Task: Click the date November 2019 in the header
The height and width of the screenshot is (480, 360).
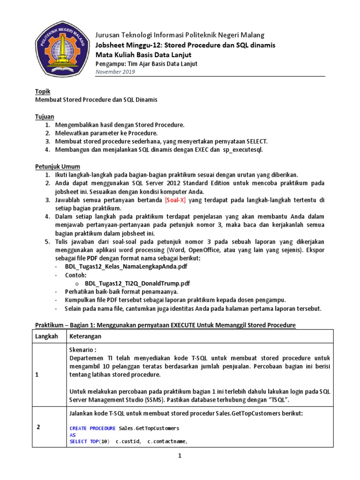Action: pos(115,72)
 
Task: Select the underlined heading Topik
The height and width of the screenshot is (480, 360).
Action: pos(43,91)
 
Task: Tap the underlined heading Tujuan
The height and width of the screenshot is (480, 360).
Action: pos(45,116)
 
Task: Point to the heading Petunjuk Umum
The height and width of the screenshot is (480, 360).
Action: pos(58,166)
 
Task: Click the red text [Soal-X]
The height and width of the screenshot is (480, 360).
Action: pos(175,200)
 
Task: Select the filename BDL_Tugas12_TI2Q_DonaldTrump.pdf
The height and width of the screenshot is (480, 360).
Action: pos(137,284)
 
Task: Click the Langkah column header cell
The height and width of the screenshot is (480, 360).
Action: pos(47,336)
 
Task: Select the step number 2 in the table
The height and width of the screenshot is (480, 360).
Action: pos(38,427)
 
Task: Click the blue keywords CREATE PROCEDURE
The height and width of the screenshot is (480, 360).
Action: pos(92,428)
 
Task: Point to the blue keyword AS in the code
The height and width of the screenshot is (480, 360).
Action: pos(73,435)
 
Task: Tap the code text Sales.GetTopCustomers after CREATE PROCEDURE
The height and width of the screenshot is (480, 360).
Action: pos(149,428)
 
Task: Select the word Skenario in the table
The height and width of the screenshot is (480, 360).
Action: pos(82,350)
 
